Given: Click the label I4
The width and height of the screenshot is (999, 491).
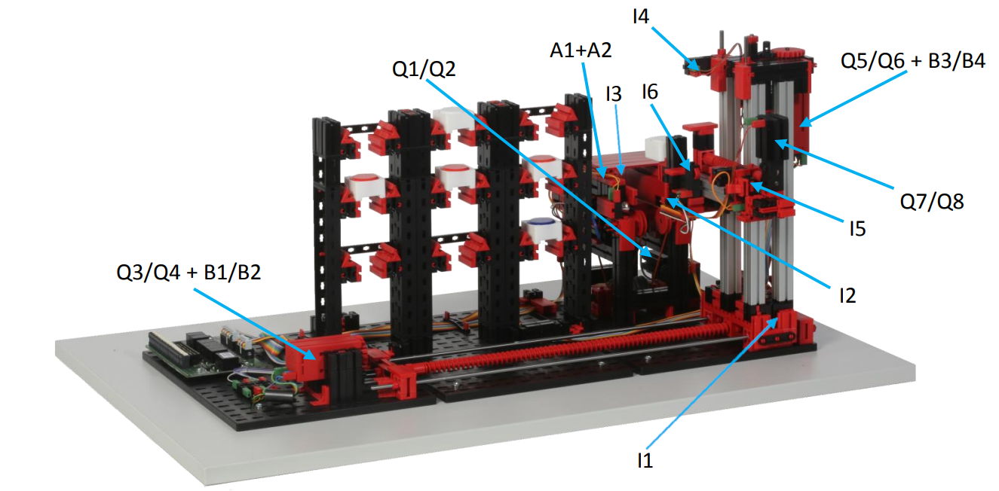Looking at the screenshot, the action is pyautogui.click(x=641, y=17).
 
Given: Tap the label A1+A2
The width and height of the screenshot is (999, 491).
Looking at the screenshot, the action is pyautogui.click(x=581, y=50).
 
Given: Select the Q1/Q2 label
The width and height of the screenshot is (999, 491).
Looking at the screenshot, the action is pyautogui.click(x=424, y=69).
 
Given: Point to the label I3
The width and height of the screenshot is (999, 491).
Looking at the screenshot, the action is pyautogui.click(x=614, y=94).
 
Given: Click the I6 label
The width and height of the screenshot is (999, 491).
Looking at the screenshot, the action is pyautogui.click(x=650, y=92).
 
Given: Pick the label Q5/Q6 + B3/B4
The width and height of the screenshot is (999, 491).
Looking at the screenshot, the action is pyautogui.click(x=912, y=60).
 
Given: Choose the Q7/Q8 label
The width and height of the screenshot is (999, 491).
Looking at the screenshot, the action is pyautogui.click(x=932, y=202).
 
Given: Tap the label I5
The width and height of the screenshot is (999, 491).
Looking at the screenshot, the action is pyautogui.click(x=857, y=229).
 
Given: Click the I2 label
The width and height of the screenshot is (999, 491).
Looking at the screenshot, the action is pyautogui.click(x=847, y=295).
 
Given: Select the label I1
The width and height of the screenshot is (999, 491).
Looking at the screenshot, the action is pyautogui.click(x=645, y=460).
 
